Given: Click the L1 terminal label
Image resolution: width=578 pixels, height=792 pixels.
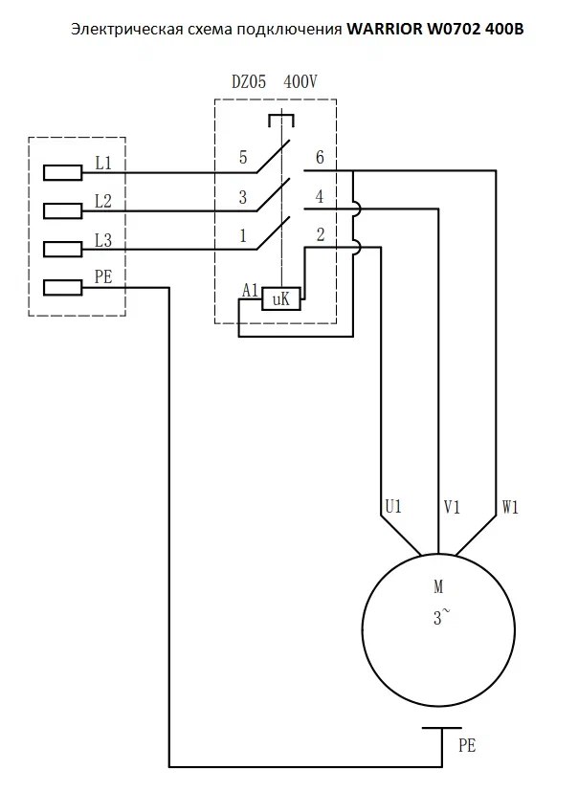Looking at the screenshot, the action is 103,164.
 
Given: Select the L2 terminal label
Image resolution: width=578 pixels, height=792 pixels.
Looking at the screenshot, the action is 103,202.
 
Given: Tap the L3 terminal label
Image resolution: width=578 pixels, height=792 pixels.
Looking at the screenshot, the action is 103,240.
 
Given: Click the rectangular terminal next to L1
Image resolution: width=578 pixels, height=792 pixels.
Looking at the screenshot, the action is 62,173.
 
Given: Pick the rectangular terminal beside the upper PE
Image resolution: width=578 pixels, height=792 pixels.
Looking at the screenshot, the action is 62,288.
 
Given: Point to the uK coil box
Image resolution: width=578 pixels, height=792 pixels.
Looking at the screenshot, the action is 281,299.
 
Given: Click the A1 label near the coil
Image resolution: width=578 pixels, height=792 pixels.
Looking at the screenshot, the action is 250,291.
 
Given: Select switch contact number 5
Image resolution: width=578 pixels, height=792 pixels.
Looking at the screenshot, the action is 243,158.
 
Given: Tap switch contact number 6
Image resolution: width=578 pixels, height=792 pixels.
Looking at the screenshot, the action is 320,158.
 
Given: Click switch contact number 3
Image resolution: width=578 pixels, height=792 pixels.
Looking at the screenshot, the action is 243,197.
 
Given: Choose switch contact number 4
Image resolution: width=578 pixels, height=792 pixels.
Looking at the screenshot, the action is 320,196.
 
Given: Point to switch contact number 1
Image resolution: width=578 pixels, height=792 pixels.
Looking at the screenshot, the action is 243,236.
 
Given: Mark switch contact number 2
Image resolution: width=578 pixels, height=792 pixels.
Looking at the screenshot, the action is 320,235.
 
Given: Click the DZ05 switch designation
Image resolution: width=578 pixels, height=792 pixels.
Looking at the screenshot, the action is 249,82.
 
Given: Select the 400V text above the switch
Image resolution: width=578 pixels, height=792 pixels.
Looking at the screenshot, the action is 300,82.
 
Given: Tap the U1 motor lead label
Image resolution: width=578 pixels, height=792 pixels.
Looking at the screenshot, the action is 393,506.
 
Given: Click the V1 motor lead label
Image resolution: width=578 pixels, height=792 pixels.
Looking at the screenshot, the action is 452,507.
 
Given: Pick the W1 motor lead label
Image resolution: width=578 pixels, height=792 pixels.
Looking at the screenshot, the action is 510,507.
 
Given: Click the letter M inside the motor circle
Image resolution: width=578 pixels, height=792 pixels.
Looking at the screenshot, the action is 438,586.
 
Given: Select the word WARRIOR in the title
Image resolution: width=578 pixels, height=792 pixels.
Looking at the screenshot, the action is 385,30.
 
